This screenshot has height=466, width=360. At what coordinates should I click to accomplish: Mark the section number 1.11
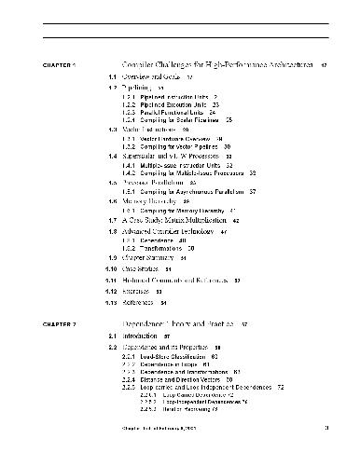coord(110,280)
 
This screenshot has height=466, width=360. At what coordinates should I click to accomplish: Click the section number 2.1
coord(111,334)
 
